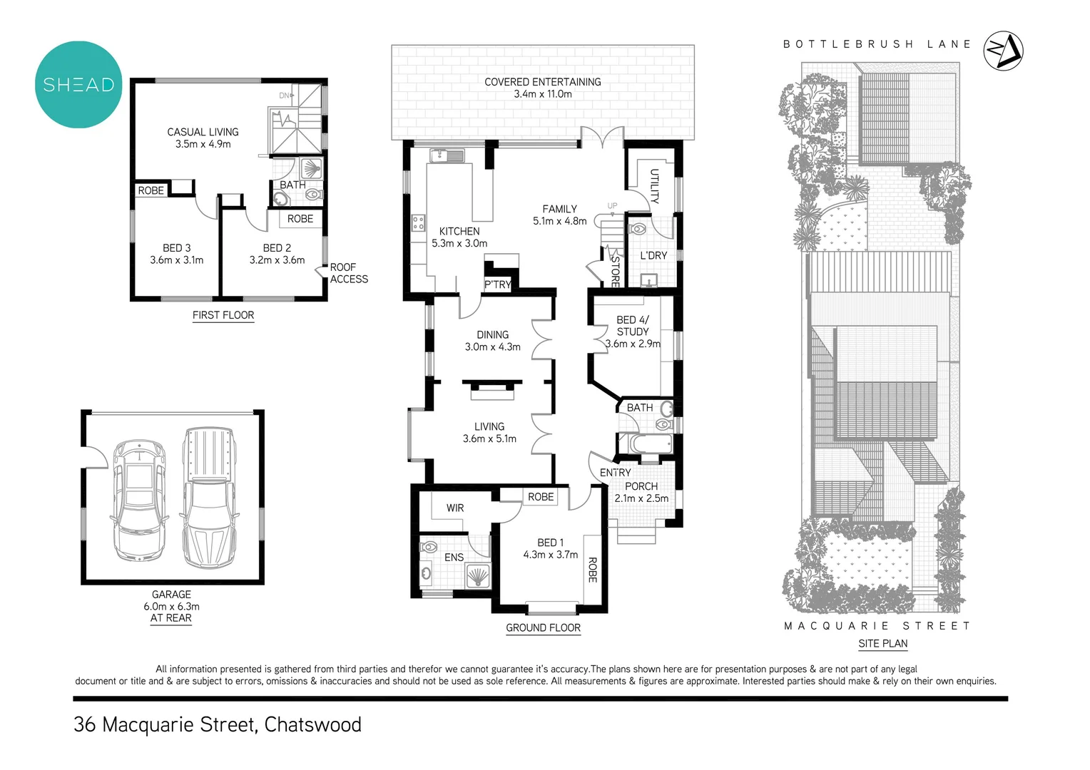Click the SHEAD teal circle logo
(x=78, y=85)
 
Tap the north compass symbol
(x=1003, y=51)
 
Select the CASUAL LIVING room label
(x=203, y=138)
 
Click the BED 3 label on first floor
(x=176, y=254)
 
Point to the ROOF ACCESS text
(x=349, y=273)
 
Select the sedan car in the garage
(x=140, y=500)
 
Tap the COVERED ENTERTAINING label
(x=542, y=88)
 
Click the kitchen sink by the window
(x=447, y=155)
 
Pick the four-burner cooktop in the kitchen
(x=419, y=222)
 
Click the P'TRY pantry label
(x=497, y=284)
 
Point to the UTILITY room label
(x=654, y=186)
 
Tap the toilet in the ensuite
(x=429, y=548)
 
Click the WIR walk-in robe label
(x=455, y=508)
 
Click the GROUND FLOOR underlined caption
(x=543, y=628)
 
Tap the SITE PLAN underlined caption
(x=882, y=643)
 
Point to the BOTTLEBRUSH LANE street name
(x=877, y=44)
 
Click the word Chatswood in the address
(x=312, y=724)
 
